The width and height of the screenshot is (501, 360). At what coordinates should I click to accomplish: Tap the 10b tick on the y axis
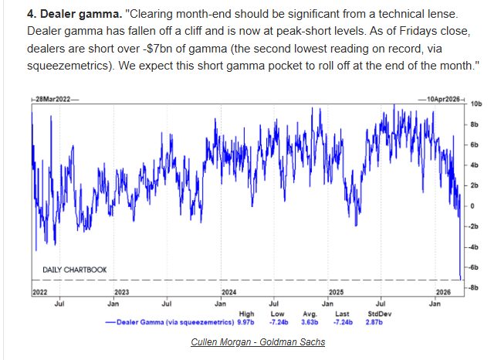click(x=476, y=103)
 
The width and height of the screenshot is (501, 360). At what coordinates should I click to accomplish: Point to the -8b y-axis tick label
click(x=476, y=287)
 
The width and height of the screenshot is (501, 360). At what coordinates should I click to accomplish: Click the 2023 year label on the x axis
click(x=121, y=293)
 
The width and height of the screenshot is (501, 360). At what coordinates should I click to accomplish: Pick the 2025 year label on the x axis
click(x=336, y=293)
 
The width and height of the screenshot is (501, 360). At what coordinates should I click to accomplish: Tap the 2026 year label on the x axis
click(x=442, y=293)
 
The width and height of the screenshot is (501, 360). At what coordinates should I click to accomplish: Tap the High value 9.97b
click(x=245, y=321)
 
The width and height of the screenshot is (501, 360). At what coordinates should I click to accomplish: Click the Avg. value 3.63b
click(x=306, y=321)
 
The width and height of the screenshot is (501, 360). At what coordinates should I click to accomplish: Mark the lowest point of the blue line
click(x=460, y=280)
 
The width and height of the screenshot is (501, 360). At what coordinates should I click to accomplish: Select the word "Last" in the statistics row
click(x=340, y=314)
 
